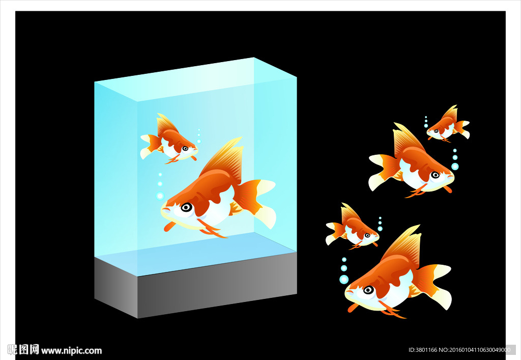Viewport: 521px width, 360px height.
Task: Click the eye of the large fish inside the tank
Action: (186, 207)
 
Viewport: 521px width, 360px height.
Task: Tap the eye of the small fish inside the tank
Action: (185, 148)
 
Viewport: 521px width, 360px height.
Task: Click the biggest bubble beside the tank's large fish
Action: (160, 196)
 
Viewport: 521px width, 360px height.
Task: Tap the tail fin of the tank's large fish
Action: (256, 201)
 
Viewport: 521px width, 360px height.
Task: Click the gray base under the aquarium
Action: (195, 285)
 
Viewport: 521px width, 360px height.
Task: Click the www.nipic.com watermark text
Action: (71, 351)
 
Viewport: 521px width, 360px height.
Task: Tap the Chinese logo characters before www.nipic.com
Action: (23, 350)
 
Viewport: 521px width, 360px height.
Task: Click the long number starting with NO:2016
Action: (475, 350)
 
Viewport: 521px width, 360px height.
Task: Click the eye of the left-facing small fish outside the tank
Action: (436, 131)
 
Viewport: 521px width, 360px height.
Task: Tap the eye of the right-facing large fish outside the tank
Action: (435, 175)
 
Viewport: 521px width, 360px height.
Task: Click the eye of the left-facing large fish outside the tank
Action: (368, 290)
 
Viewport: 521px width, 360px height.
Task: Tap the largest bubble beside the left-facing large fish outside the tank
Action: (344, 279)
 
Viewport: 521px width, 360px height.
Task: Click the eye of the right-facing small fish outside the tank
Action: (367, 235)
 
